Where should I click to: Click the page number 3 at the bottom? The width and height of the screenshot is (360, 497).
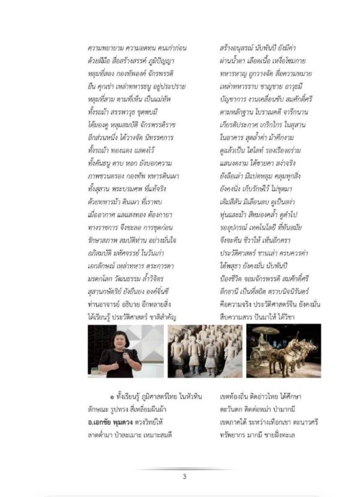pos(185,476)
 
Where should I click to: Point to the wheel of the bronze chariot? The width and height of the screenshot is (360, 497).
pos(256,358)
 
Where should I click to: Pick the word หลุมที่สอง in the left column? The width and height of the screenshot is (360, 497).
pos(100,74)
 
